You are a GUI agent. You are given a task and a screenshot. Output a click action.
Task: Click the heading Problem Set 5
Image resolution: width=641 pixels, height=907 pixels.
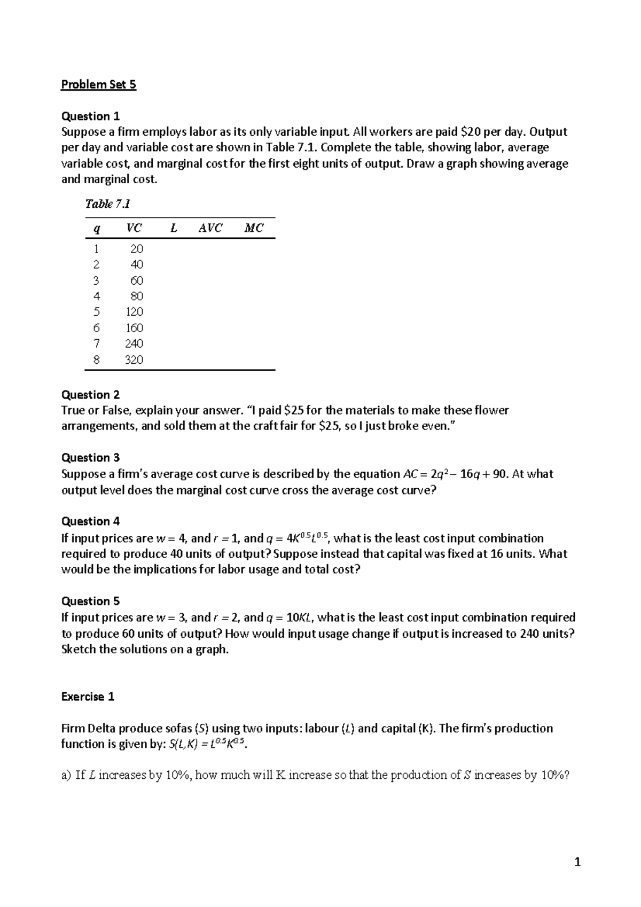pos(99,84)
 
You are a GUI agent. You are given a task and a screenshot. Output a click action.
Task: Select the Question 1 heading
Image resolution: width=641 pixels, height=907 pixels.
pos(90,116)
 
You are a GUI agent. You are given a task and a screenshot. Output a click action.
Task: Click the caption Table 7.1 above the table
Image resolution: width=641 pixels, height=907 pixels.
pos(108,204)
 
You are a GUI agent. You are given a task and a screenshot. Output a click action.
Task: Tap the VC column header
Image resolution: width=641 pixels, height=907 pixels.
pos(134,228)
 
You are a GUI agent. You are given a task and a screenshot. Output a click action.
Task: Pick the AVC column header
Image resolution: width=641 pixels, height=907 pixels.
pos(210,228)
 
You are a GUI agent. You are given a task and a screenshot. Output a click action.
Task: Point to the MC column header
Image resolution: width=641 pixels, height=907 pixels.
pos(254,228)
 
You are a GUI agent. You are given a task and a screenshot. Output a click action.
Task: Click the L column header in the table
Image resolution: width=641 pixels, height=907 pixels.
pos(173,228)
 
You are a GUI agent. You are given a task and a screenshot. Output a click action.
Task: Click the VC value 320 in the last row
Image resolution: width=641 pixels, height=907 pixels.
pos(134,359)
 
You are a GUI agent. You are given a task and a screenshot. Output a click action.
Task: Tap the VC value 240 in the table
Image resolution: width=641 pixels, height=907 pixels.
pos(134,343)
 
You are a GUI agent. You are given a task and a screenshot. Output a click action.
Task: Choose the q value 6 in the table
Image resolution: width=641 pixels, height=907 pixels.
pos(96,328)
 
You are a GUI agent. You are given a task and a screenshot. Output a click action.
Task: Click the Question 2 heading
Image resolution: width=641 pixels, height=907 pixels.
pos(90,395)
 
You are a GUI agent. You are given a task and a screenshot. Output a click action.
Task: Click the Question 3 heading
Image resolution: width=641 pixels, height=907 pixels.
pos(90,458)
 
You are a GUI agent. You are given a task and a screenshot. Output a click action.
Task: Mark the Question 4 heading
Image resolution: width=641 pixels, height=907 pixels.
pos(90,521)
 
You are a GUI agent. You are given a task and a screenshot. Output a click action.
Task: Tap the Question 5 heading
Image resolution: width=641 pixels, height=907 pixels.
pos(90,601)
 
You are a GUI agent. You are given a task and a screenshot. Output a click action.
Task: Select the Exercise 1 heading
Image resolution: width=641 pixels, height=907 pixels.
pos(88,697)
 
